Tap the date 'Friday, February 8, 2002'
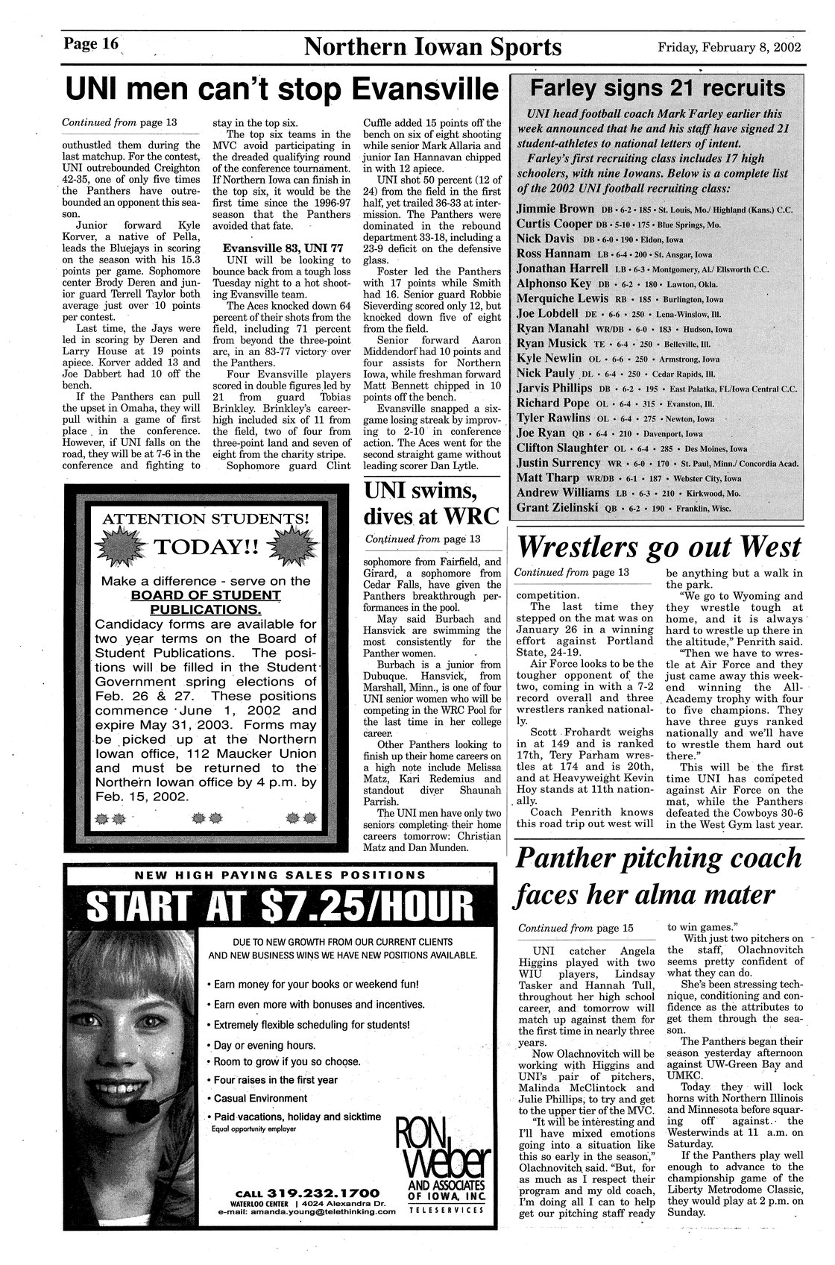point(729,48)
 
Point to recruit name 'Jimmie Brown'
point(555,208)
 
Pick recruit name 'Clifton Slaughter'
point(563,448)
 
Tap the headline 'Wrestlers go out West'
point(658,547)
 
